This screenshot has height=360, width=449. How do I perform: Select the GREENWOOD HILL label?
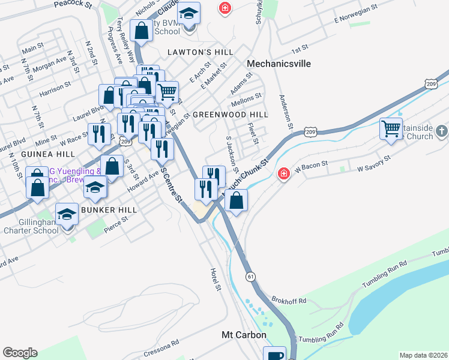231,114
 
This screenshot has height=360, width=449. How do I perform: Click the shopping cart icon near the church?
391,128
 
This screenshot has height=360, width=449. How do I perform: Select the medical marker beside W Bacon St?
283,174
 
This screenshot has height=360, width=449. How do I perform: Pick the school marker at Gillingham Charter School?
67,214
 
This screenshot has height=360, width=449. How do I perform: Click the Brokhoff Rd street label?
289,300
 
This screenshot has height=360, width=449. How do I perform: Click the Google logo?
20,353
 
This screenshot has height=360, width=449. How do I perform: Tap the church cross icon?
441,130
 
